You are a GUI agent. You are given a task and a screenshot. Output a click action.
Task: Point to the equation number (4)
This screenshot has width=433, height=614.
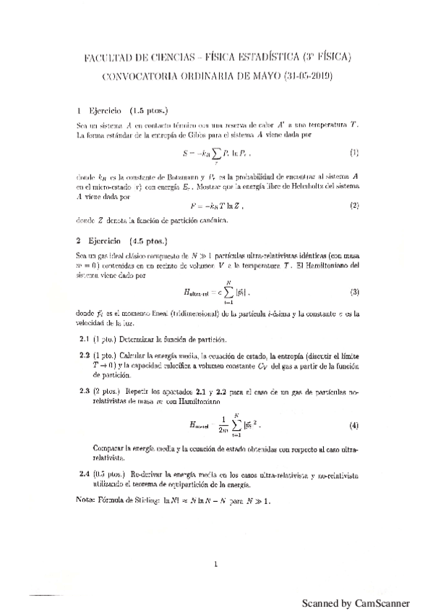353,424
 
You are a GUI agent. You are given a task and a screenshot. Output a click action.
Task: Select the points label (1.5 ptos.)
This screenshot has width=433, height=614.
150,112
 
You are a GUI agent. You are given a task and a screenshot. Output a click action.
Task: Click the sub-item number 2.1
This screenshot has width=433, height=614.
85,340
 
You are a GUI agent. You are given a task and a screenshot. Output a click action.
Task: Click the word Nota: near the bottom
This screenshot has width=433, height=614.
87,502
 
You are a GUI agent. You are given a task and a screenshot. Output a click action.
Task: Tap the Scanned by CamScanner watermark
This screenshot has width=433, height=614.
356,602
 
